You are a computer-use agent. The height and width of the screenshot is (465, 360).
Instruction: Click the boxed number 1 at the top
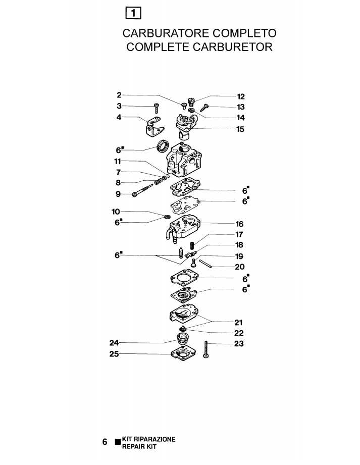[x=133, y=13]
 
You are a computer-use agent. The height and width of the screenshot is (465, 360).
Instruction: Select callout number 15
[x=240, y=129]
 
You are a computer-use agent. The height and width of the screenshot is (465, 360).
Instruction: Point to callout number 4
[x=119, y=117]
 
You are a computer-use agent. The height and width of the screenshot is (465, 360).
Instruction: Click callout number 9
[x=118, y=194]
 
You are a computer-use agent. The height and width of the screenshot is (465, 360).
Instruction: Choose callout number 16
[x=240, y=224]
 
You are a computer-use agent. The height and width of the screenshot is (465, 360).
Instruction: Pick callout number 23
[x=239, y=343]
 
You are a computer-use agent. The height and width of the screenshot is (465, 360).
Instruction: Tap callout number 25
[x=114, y=354]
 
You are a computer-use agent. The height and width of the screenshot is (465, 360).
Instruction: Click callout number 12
[x=241, y=96]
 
